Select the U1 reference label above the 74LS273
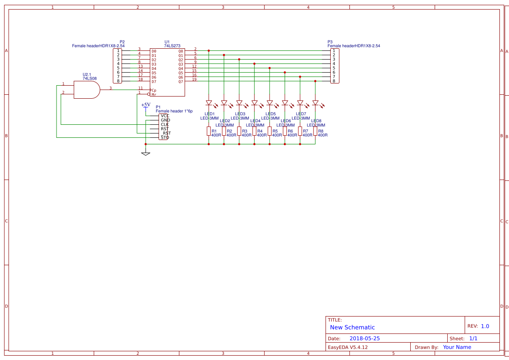(x=167, y=42)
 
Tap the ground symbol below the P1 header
(x=146, y=153)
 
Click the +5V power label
(x=146, y=105)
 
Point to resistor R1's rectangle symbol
(x=209, y=131)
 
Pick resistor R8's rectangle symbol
(x=315, y=131)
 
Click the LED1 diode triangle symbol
(x=209, y=103)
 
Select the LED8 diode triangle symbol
(x=315, y=103)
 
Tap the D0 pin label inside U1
(x=154, y=51)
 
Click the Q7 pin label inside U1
(x=181, y=82)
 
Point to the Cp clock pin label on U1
(x=154, y=90)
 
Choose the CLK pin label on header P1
(x=165, y=125)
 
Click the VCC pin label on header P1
(x=165, y=116)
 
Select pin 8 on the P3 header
(x=334, y=81)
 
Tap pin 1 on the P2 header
(x=118, y=51)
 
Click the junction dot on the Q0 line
(x=209, y=51)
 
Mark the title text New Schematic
(x=352, y=327)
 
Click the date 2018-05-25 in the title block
(x=364, y=338)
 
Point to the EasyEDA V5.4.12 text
(x=347, y=347)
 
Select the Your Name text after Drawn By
(x=457, y=347)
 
